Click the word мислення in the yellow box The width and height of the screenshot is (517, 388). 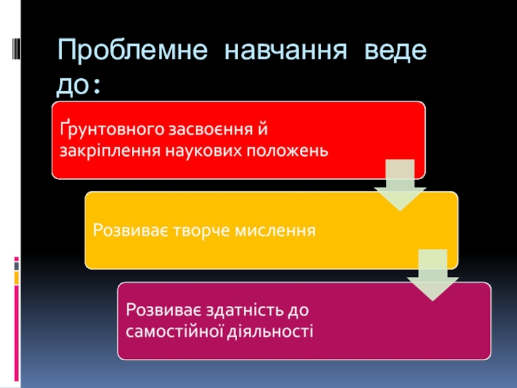point(274,230)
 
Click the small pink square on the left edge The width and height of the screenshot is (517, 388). point(17,288)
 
